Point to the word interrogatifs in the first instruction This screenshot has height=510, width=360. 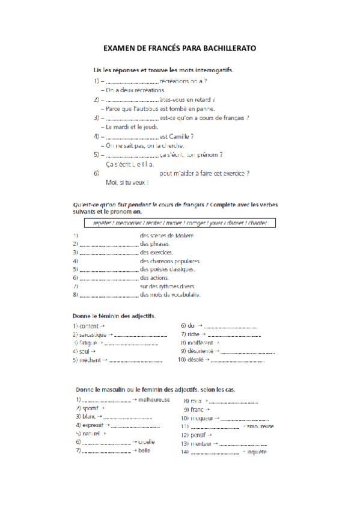[210, 70]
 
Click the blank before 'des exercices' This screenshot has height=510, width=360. [109, 253]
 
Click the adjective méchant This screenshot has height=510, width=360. [90, 360]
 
